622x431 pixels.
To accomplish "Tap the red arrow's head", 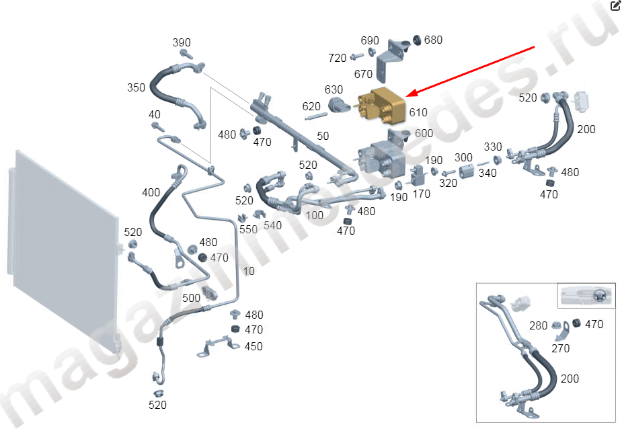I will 407,95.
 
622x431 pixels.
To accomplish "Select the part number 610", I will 418,112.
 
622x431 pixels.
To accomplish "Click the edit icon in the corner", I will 615,6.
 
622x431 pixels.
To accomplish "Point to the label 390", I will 182,43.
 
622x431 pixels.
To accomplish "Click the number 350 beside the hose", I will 137,87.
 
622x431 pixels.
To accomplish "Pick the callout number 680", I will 433,40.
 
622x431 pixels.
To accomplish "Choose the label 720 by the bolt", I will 338,58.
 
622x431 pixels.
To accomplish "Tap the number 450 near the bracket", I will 254,346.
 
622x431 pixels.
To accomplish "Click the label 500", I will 191,297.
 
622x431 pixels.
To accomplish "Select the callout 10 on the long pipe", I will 249,272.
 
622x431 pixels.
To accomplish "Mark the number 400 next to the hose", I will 151,193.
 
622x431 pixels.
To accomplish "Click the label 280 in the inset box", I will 539,326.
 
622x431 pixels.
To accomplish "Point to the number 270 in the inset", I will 560,348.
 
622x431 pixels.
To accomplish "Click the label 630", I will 334,89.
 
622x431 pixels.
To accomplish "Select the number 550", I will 249,229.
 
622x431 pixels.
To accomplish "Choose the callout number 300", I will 463,157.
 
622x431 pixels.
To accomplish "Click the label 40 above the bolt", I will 155,114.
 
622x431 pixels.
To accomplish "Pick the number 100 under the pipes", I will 314,215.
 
